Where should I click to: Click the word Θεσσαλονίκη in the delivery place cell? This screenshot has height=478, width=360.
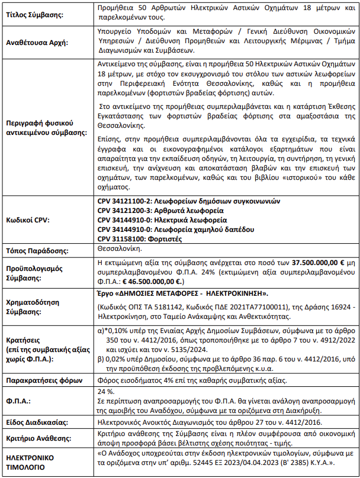pos(116,250)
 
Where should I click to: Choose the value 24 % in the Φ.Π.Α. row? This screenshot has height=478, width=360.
pos(105,392)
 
